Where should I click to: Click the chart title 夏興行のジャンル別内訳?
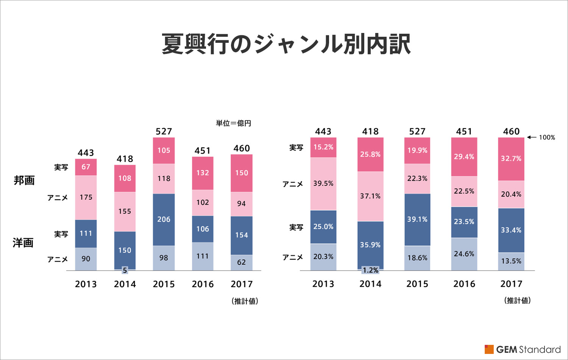(x=286, y=44)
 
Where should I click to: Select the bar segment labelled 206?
(x=164, y=219)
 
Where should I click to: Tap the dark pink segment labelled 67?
(x=86, y=167)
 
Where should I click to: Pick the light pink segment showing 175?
(x=86, y=197)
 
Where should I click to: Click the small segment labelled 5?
(x=125, y=270)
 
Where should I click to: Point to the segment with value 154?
(x=241, y=235)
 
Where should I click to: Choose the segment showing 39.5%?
(x=323, y=183)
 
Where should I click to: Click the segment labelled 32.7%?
(x=511, y=158)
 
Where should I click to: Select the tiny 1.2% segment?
(x=370, y=270)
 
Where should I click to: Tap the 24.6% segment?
(x=464, y=254)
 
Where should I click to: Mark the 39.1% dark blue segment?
(x=417, y=219)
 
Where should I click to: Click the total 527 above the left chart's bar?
(x=164, y=131)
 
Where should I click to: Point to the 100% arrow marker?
(x=541, y=138)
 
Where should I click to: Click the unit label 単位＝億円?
(x=233, y=123)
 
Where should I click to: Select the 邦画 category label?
(x=24, y=180)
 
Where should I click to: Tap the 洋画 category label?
(x=23, y=243)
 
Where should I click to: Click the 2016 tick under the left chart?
(x=203, y=284)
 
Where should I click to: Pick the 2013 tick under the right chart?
(x=323, y=284)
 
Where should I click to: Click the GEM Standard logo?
(x=523, y=349)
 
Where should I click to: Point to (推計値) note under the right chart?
(x=517, y=301)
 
